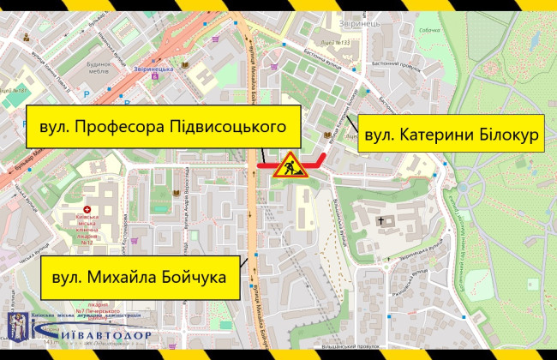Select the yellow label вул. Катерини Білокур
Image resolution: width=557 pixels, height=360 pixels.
451,135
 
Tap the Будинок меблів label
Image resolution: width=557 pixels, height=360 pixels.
109,69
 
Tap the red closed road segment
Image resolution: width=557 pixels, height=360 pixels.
291,162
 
